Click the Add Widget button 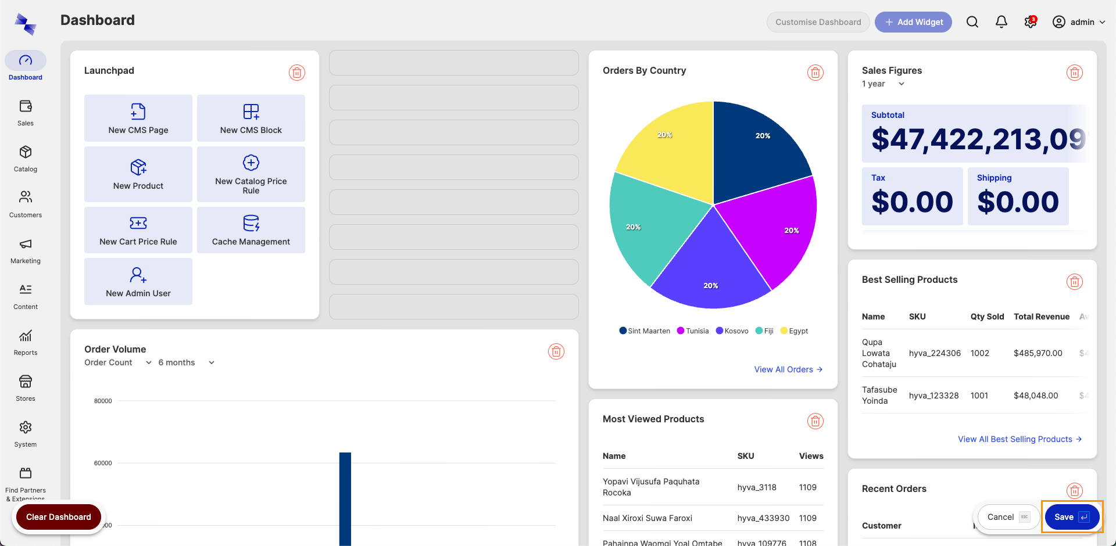(913, 22)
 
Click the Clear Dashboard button (58, 517)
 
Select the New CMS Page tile (138, 118)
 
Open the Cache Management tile (251, 230)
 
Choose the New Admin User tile (138, 282)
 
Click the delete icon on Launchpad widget (297, 73)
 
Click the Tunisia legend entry (693, 331)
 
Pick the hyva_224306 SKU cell (935, 353)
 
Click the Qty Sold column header (987, 317)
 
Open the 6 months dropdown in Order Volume (187, 362)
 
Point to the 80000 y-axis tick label (103, 401)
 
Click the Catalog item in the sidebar (26, 158)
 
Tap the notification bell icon (1001, 22)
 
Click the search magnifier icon (972, 22)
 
